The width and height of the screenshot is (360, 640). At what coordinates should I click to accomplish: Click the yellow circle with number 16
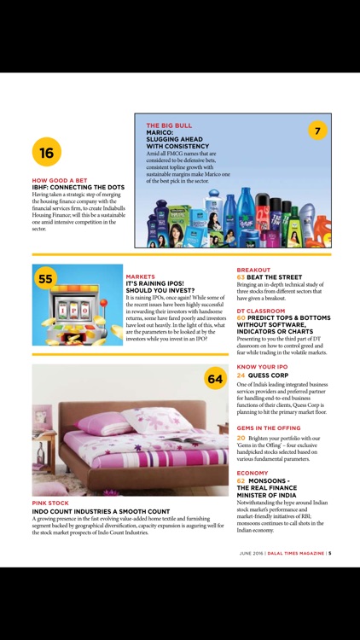pos(46,153)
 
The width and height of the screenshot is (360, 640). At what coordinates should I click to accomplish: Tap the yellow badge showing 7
pos(316,131)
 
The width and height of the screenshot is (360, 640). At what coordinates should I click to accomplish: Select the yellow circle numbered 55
pos(46,279)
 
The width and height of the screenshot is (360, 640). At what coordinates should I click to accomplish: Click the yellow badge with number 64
pos(214,379)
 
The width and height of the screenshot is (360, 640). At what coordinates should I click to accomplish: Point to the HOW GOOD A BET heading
pos(59,180)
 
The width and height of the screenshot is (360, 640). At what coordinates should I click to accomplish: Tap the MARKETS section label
pos(140,276)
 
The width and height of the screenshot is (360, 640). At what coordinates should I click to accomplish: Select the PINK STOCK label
pos(50,503)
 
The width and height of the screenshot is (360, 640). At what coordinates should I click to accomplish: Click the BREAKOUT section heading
pos(253,270)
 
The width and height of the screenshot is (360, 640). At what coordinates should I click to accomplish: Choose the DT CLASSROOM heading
pos(261,311)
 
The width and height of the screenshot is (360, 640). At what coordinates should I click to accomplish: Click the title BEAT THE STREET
pos(277,277)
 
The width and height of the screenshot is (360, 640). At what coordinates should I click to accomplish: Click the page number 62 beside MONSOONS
pos(241,480)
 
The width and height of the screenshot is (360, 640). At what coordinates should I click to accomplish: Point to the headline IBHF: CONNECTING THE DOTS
pos(78,187)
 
